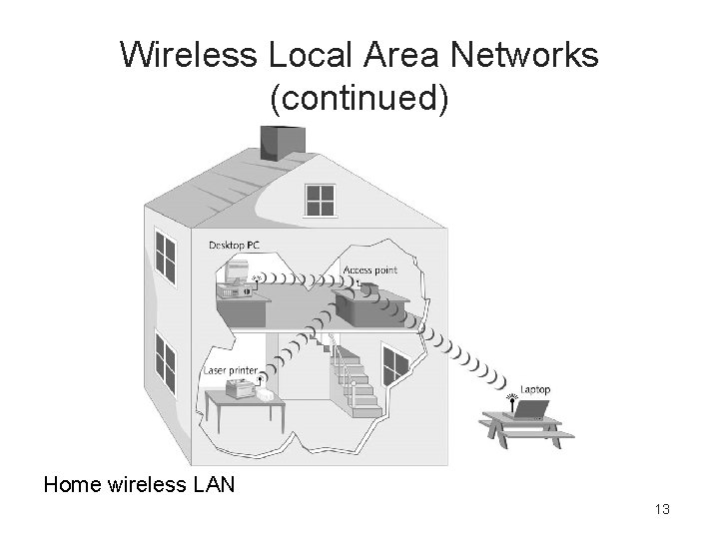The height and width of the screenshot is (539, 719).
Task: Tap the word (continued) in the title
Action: (x=359, y=98)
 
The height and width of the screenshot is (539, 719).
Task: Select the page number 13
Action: (x=661, y=510)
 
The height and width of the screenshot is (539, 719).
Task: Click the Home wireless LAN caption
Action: (x=139, y=485)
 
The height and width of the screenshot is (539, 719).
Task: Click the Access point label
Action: (x=369, y=270)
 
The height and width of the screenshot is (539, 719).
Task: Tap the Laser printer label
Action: (x=231, y=371)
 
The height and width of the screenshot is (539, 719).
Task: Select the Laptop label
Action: (x=535, y=388)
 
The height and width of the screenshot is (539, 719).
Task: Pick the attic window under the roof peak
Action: (x=321, y=200)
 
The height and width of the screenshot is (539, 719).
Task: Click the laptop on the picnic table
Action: (x=529, y=409)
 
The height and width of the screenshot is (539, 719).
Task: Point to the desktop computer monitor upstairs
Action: (x=236, y=271)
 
